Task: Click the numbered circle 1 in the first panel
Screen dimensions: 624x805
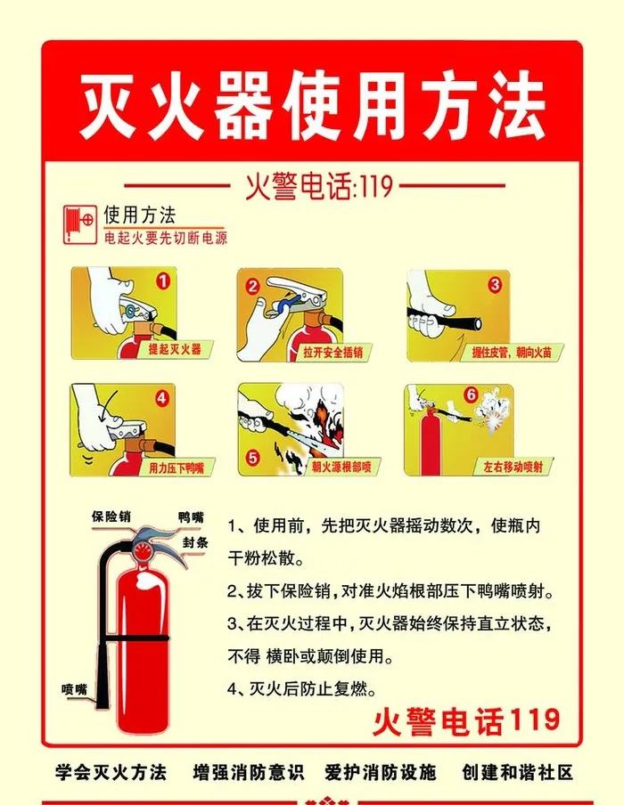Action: (x=162, y=281)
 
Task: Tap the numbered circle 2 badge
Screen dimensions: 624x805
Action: (x=252, y=286)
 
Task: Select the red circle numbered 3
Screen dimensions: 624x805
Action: (x=495, y=284)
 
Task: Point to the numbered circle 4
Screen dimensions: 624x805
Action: (x=162, y=398)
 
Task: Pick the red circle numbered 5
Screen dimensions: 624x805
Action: (x=252, y=458)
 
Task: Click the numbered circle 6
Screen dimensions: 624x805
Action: (x=471, y=394)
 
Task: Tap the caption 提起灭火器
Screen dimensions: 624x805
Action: (x=175, y=350)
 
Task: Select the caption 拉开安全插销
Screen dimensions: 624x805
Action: (x=333, y=353)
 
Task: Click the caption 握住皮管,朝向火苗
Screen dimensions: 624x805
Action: (x=512, y=353)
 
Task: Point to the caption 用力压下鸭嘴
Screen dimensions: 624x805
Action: (x=177, y=468)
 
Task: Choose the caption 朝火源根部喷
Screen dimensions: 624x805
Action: (x=341, y=467)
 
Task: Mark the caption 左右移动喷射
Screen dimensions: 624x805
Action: (x=513, y=467)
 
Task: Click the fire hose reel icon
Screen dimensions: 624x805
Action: (x=79, y=225)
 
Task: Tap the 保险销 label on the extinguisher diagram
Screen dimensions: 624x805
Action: (x=111, y=516)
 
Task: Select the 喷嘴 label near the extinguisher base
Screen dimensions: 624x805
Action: (x=75, y=689)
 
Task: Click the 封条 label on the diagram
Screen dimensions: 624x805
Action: (x=195, y=543)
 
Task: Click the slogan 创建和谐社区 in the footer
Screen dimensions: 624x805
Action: (x=517, y=772)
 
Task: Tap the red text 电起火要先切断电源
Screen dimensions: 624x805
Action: (x=166, y=239)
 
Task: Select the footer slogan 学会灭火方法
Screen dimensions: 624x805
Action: (x=111, y=772)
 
